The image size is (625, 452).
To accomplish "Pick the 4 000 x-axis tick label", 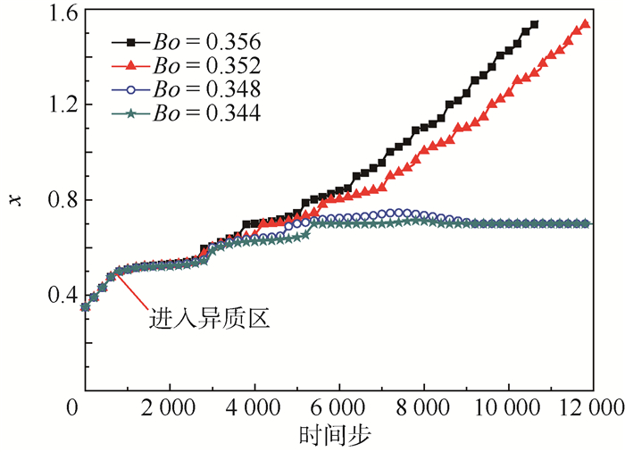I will (254, 408).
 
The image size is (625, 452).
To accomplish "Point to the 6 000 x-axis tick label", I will (339, 408).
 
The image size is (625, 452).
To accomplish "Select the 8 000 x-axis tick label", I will (424, 408).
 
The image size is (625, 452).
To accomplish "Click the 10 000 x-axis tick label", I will (509, 408).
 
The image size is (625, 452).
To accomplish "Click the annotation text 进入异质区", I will (209, 317).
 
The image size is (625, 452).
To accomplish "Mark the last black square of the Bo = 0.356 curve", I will (534, 25).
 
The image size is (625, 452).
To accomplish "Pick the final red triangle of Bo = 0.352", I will (586, 25).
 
